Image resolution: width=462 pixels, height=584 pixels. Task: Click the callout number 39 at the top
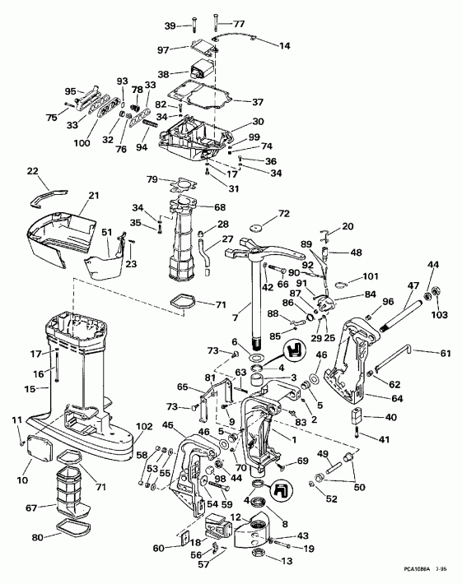[170, 26]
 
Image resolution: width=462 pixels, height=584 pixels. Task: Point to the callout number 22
[32, 172]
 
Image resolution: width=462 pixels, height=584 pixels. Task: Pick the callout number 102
[144, 426]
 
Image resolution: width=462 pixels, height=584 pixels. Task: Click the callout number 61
[446, 354]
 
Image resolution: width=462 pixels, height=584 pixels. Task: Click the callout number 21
[93, 195]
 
